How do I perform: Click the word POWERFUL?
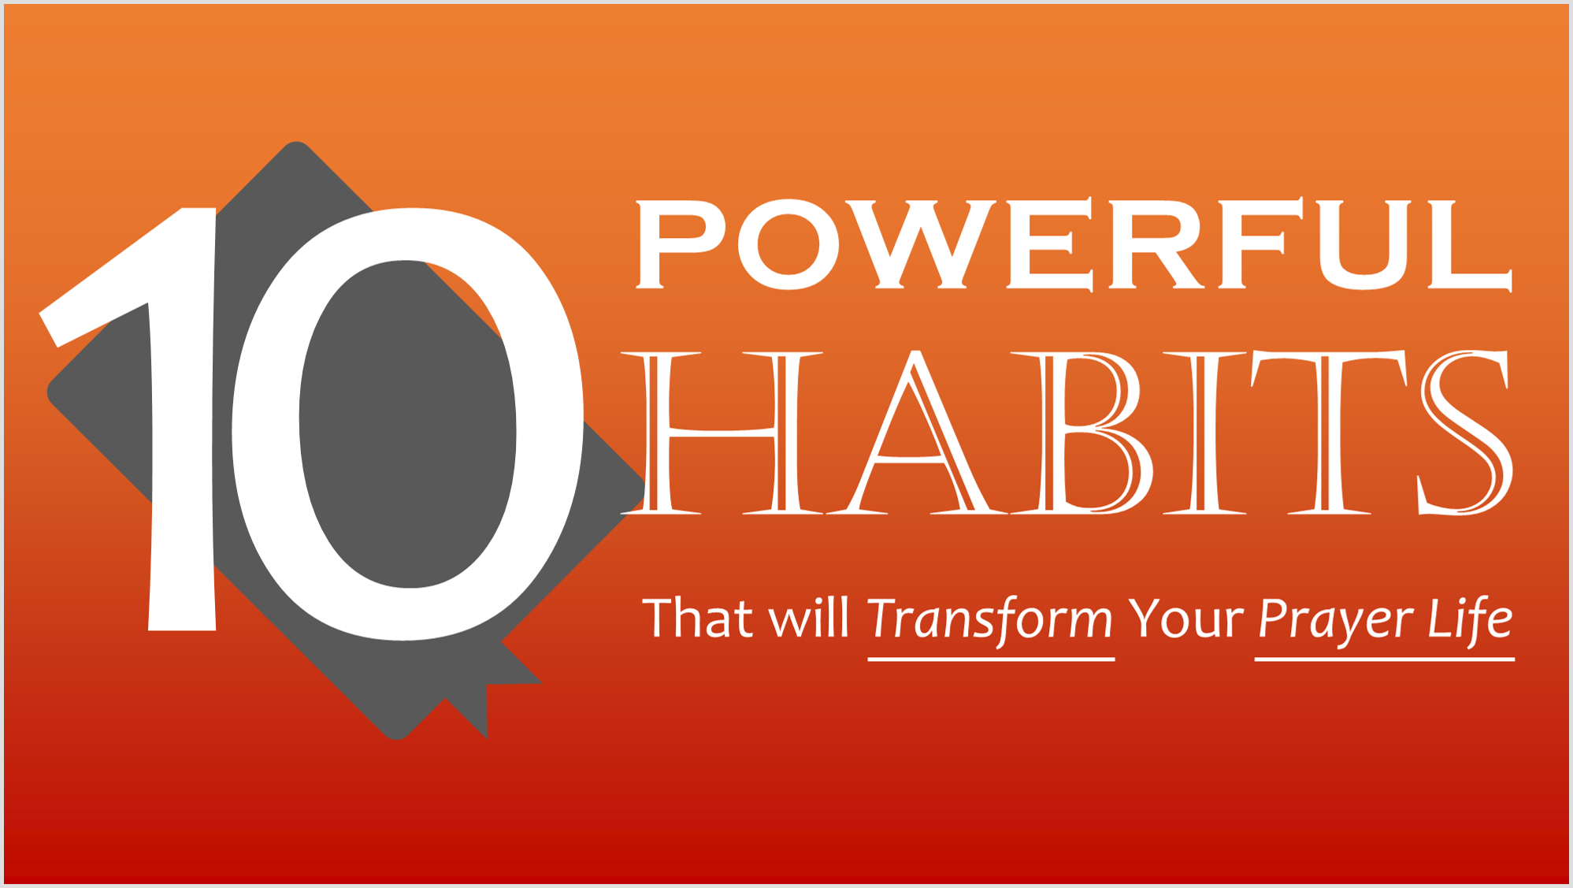[1074, 244]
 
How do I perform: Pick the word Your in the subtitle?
[1185, 619]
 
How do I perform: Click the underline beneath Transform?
[991, 659]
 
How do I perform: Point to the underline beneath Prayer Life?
[1385, 659]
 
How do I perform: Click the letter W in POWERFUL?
[922, 244]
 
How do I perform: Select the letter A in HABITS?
[916, 433]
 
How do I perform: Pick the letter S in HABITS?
[1466, 433]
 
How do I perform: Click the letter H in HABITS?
[722, 433]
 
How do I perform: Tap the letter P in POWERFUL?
[681, 244]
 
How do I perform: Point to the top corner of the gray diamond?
[296, 143]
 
